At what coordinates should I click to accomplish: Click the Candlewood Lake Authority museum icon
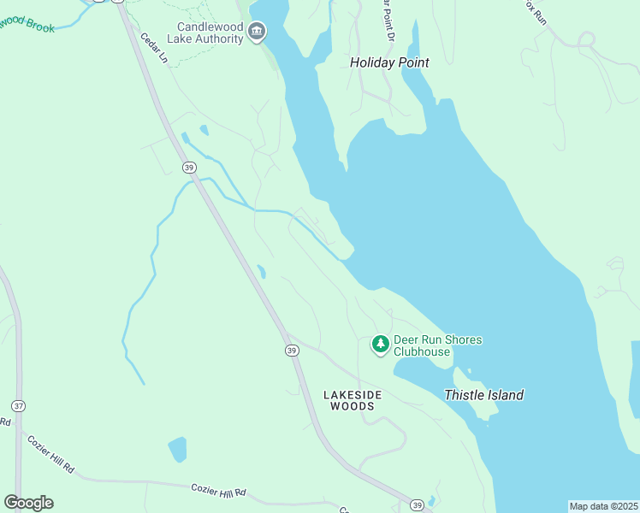(256, 32)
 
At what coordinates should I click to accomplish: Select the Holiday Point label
(389, 62)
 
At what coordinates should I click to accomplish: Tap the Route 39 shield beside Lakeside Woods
(291, 351)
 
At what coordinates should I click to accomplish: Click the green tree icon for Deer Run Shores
(380, 344)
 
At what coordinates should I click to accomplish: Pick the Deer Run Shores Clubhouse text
(436, 345)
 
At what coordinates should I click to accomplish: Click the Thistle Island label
(483, 395)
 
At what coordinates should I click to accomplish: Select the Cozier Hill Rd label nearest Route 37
(51, 456)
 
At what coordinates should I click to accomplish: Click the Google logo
(28, 502)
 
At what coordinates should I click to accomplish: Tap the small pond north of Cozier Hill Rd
(177, 449)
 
